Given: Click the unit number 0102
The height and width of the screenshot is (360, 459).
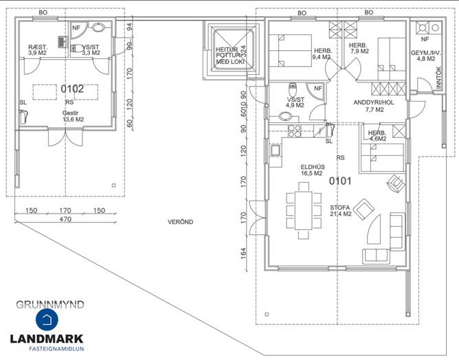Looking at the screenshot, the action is click(x=72, y=89).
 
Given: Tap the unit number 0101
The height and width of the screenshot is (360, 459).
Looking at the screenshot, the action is click(x=340, y=181).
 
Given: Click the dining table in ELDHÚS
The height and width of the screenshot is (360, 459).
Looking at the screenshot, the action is click(x=304, y=210).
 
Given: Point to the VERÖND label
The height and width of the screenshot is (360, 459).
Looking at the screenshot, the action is click(x=180, y=222).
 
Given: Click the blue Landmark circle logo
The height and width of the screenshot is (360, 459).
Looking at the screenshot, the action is click(x=47, y=319).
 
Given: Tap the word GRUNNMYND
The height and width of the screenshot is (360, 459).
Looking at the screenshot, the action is click(x=50, y=304).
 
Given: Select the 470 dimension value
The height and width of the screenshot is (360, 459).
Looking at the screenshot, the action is click(x=65, y=219).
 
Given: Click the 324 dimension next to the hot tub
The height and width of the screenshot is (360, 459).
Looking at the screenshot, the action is click(x=243, y=52).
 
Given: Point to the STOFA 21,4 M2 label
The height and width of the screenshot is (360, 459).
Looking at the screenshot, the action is click(x=340, y=211).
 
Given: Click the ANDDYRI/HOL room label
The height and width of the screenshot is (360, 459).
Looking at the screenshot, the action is click(x=374, y=102).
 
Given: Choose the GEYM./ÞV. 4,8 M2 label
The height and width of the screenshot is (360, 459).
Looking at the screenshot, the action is click(x=426, y=56).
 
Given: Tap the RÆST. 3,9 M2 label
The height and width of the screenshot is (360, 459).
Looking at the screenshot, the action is click(x=38, y=49).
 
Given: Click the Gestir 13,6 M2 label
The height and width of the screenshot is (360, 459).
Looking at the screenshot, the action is click(x=73, y=116).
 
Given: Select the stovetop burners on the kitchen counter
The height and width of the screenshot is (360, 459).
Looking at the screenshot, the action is click(x=294, y=131).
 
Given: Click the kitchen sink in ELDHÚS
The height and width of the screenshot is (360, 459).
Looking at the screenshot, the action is click(x=275, y=150).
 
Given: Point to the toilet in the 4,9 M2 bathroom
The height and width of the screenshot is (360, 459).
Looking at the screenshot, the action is click(x=292, y=89).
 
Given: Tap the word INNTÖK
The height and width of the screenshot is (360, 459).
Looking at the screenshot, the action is click(x=438, y=78).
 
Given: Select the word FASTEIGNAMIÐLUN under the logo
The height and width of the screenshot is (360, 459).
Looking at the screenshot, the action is click(x=56, y=348).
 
